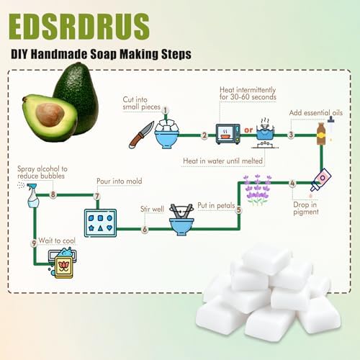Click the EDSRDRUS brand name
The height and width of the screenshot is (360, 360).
[79, 26]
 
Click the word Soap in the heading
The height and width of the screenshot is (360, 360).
[104, 54]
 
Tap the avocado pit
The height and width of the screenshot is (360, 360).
[50, 114]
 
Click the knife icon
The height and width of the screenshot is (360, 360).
[141, 135]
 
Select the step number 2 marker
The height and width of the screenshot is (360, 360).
[204, 135]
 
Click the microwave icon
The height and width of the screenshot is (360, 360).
[228, 134]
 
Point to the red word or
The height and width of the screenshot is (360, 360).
[248, 130]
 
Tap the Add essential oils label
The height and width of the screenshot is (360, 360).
[316, 113]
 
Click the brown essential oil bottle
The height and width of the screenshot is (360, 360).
[321, 134]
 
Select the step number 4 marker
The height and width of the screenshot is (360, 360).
[292, 183]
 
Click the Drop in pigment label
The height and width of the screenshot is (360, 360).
[306, 208]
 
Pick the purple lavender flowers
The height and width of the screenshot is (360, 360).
[257, 190]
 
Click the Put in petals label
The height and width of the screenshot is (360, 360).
[216, 205]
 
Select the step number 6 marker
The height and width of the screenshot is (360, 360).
[145, 229]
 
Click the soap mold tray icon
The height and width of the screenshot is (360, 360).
[100, 223]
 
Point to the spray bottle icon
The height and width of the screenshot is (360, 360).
[32, 195]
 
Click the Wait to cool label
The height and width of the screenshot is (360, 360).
[57, 240]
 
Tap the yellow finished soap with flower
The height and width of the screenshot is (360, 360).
[63, 267]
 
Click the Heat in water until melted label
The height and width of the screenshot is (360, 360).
[222, 161]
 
